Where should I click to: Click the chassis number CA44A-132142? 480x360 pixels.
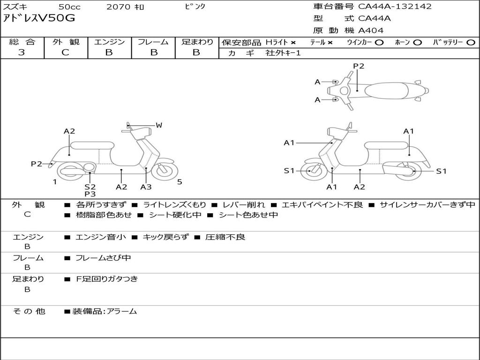395,7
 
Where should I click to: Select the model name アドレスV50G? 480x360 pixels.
39,18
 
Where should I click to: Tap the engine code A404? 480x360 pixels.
370,30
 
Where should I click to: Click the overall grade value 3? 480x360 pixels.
22,52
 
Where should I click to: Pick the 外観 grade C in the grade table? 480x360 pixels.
66,52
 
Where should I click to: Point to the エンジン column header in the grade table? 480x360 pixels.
109,42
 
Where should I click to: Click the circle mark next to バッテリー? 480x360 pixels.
471,43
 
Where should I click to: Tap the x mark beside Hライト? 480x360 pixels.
293,43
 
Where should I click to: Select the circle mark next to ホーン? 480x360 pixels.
418,43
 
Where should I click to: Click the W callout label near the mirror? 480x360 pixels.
158,125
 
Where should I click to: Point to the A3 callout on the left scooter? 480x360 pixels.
146,187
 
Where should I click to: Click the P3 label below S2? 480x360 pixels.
90,194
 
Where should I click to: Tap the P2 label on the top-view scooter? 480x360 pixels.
359,66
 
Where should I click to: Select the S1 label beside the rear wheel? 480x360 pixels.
441,171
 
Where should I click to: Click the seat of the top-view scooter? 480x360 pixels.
386,90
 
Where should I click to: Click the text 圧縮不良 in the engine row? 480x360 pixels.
225,237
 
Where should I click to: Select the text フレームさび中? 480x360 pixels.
103,258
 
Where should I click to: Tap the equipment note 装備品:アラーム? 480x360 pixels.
105,311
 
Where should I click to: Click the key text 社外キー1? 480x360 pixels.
283,53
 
